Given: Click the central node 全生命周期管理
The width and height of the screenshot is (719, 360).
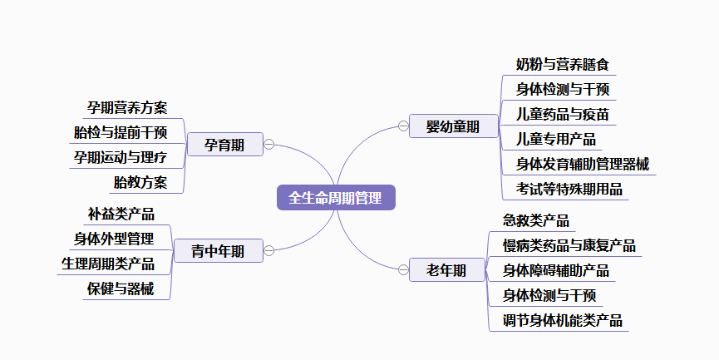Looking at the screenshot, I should coord(336,198).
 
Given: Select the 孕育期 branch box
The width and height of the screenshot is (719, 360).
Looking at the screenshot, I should coord(224,145).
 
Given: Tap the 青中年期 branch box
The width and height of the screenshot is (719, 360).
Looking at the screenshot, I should coord(218,251).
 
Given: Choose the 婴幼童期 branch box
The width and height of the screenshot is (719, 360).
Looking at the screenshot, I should coord(452,126).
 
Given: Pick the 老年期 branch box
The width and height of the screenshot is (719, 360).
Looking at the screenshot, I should coord(446,269).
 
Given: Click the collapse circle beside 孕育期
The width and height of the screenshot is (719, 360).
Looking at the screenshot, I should coord(268,145).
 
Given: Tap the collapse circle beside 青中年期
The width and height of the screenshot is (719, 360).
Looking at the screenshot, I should coord(268,250).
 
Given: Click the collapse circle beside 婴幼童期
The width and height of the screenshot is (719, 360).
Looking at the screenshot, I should coord(403,126).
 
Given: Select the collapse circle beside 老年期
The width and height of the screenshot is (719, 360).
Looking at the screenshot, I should coord(403,269).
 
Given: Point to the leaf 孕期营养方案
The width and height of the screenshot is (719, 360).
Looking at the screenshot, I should coord(127,107).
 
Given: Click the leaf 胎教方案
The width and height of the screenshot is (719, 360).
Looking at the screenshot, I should coord(140,182).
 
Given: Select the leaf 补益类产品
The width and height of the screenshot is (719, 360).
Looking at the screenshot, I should coord(121,215).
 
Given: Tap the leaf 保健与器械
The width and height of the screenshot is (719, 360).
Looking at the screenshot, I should coord(121,289).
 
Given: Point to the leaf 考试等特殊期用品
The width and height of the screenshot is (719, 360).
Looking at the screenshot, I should coord(569,189).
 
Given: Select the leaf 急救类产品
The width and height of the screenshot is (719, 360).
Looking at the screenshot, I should coord(536,220).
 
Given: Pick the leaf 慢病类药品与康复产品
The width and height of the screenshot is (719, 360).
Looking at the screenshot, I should coord(569,245).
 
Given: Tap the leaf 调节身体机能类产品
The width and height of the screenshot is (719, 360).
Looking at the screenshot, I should coord(563,320).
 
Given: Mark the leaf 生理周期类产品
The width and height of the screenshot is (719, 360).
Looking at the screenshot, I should coord(108,264).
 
